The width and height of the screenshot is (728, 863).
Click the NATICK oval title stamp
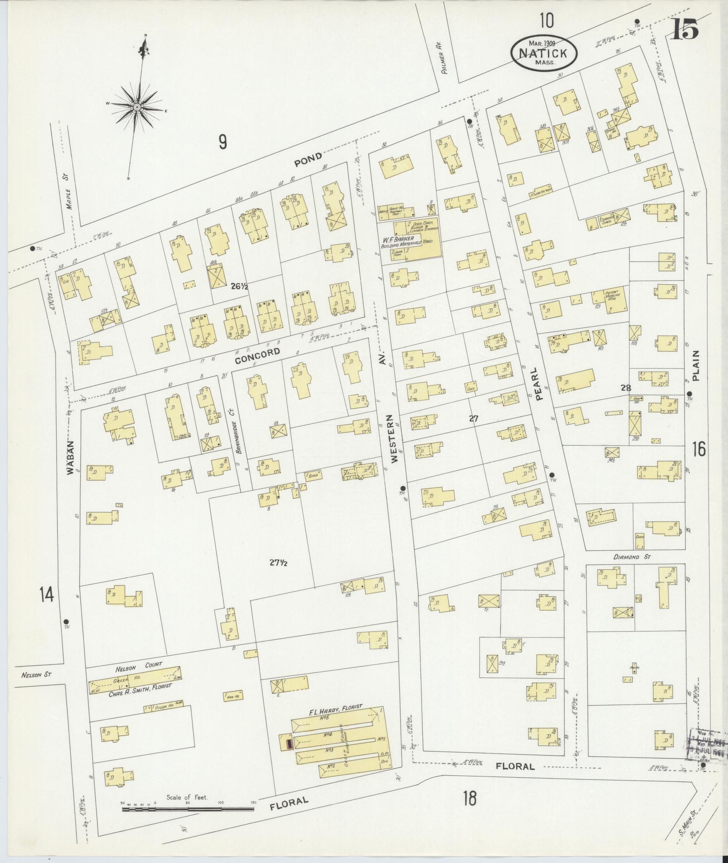[x=544, y=52]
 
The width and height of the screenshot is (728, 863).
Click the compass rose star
[x=136, y=106]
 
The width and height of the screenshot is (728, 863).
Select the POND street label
[x=308, y=158]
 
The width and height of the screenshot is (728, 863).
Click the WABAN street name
[x=70, y=457]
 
